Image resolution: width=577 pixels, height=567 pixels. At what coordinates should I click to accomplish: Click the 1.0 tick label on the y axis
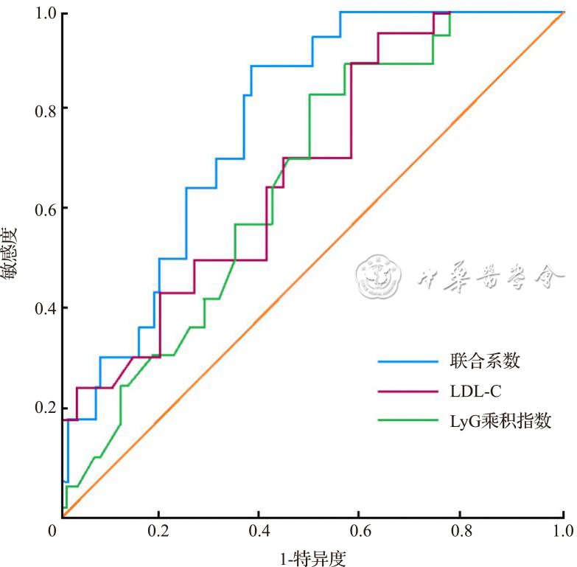45,14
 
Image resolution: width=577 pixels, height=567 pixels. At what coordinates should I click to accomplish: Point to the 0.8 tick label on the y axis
45,108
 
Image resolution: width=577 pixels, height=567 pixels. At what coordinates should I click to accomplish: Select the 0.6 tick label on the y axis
45,209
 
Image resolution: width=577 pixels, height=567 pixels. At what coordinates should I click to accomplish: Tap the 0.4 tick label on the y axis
45,308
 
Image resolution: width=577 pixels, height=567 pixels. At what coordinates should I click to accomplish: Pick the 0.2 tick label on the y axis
45,408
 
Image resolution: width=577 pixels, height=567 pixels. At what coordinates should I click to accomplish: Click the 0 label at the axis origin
52,530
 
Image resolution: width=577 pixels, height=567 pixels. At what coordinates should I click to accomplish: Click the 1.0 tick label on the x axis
563,530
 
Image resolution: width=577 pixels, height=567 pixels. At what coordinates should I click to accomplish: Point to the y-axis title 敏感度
10,254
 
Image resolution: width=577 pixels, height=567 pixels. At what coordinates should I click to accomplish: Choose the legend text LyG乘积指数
500,421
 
